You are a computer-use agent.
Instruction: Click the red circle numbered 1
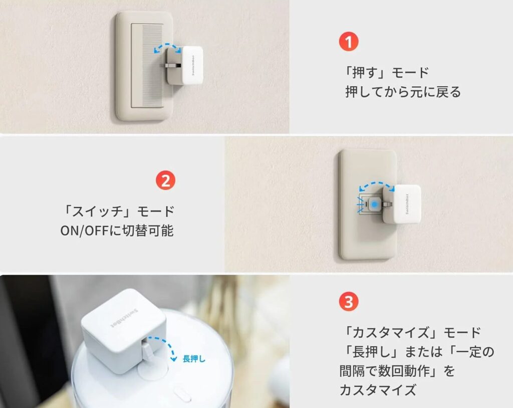tap(349, 41)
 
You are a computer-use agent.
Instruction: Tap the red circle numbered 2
tap(165, 180)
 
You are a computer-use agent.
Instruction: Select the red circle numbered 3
tap(349, 302)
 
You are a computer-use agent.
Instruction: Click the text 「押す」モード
tap(387, 72)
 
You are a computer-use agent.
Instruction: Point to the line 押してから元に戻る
tap(403, 92)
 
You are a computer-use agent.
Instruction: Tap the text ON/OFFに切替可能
tap(117, 231)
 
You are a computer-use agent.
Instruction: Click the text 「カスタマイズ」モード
tap(411, 333)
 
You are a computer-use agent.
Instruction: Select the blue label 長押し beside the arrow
tap(194, 359)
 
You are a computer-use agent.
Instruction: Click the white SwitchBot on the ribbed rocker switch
tap(185, 66)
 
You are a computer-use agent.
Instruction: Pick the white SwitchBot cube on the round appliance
tap(124, 331)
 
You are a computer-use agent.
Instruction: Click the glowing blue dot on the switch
tap(374, 205)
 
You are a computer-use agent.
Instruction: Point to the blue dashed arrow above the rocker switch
tap(167, 46)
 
